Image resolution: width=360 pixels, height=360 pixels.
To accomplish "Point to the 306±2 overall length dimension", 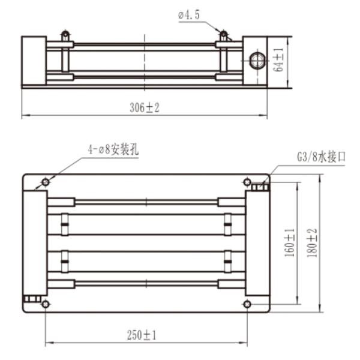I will pyautogui.click(x=145, y=107).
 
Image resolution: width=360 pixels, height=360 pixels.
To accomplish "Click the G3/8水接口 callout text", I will pyautogui.click(x=322, y=157).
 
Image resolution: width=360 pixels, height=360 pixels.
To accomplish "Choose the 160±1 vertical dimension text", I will pyautogui.click(x=290, y=242).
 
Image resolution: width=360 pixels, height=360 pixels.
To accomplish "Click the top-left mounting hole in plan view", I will pyautogui.click(x=46, y=182).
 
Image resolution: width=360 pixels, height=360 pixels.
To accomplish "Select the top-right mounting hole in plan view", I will pyautogui.click(x=247, y=182).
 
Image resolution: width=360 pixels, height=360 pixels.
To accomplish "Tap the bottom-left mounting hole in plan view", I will pyautogui.click(x=46, y=305).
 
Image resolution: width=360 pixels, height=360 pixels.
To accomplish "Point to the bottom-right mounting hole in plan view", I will pyautogui.click(x=247, y=305).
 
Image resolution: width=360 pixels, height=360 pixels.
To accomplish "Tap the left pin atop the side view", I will pyautogui.click(x=66, y=35).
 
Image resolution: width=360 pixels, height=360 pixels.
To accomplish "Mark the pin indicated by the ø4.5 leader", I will pyautogui.click(x=224, y=35).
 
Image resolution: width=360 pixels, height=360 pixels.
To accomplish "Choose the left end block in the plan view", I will pyautogui.click(x=35, y=243).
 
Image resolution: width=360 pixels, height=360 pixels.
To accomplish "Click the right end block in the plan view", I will pyautogui.click(x=257, y=243).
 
